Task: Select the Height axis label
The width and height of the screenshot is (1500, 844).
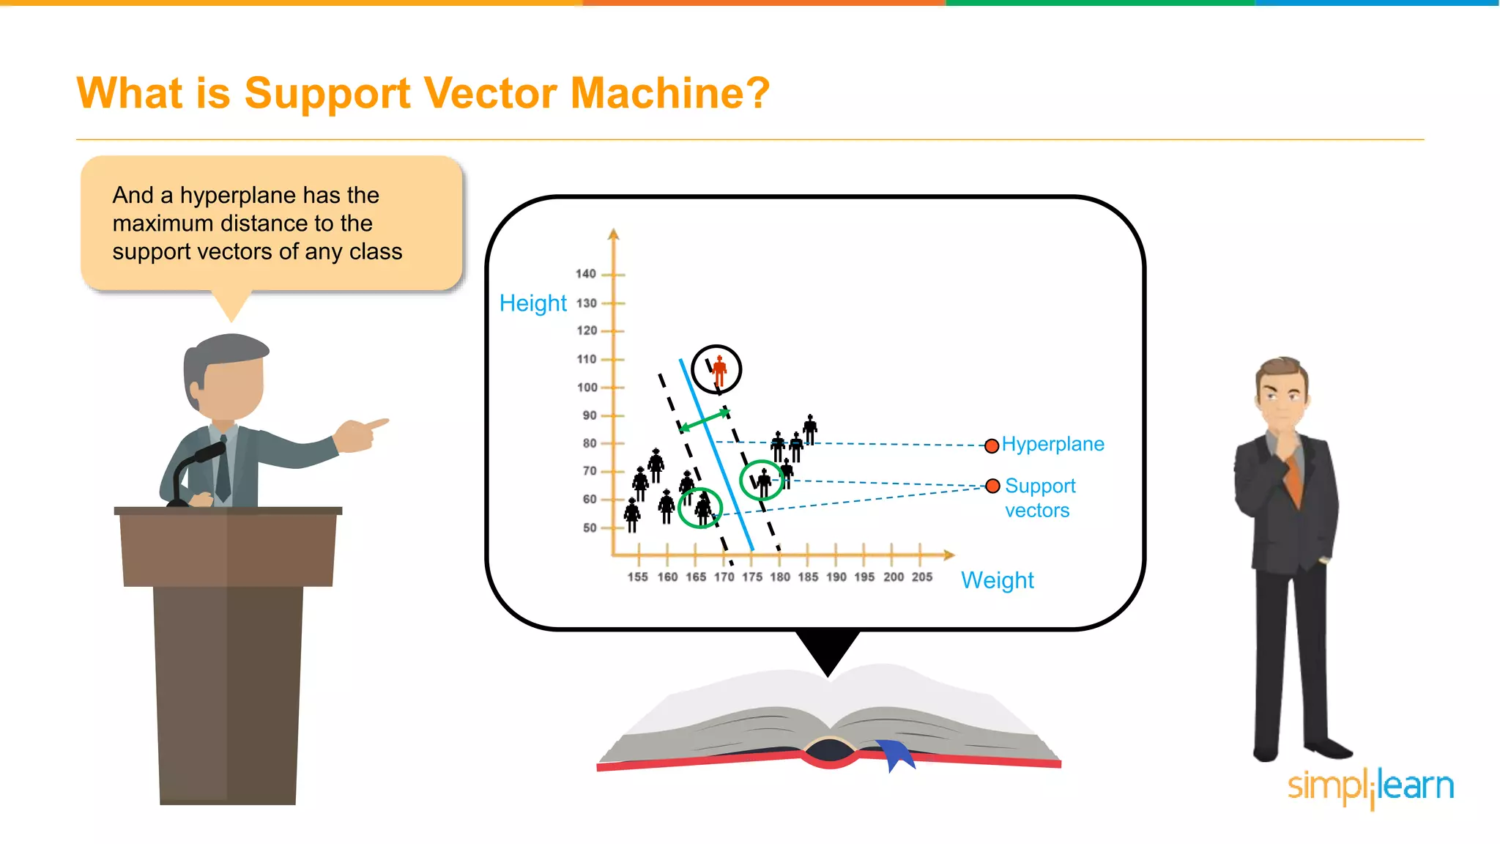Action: pos(532,303)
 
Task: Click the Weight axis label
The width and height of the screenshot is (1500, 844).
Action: pos(997,580)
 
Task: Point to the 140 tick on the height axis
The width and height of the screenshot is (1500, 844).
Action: pos(586,274)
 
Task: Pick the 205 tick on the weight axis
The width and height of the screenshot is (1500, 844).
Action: pos(921,577)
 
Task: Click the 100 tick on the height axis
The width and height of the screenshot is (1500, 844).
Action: pos(587,387)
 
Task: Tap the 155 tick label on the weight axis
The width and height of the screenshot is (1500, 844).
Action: pos(637,577)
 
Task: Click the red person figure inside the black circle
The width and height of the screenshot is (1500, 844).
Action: pos(719,370)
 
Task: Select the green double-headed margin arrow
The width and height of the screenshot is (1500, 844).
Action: pos(704,421)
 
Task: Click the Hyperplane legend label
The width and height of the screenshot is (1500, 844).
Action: pos(1052,444)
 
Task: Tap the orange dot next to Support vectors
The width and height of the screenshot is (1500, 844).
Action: pos(992,486)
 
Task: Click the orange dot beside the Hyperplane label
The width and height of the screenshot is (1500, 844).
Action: pos(992,445)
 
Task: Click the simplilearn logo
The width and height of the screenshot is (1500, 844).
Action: pos(1370,787)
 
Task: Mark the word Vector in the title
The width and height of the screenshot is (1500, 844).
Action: pos(489,94)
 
